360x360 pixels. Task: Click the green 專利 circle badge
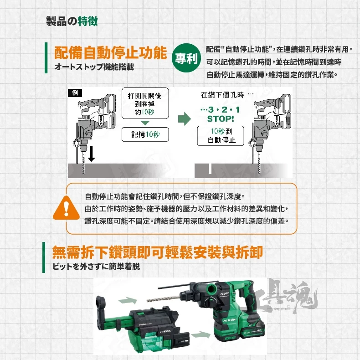coord(186,58)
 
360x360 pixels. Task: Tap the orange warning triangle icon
coord(66,208)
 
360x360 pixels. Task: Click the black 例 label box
coord(75,93)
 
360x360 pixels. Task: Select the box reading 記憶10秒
coord(145,134)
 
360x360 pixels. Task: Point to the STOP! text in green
coord(221,118)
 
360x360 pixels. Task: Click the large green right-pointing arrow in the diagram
coord(185,118)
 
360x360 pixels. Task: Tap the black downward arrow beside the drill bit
coord(92,154)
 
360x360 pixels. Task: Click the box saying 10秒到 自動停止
coord(221,136)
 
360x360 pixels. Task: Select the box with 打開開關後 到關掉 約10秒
coord(145,103)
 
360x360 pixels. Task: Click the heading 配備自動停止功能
coord(110,52)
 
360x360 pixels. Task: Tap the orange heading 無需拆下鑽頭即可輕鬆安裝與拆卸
coord(157,252)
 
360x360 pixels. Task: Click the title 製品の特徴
coord(72,21)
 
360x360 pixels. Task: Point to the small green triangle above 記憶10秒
coord(145,123)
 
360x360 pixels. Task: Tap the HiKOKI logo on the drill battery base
coord(230,320)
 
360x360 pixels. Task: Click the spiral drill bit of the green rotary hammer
coord(164,299)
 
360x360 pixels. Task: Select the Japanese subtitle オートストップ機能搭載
coord(94,67)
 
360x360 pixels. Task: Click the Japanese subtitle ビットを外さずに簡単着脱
coord(96,267)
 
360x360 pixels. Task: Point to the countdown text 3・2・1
coord(220,109)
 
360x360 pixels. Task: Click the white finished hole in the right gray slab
coord(210,169)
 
